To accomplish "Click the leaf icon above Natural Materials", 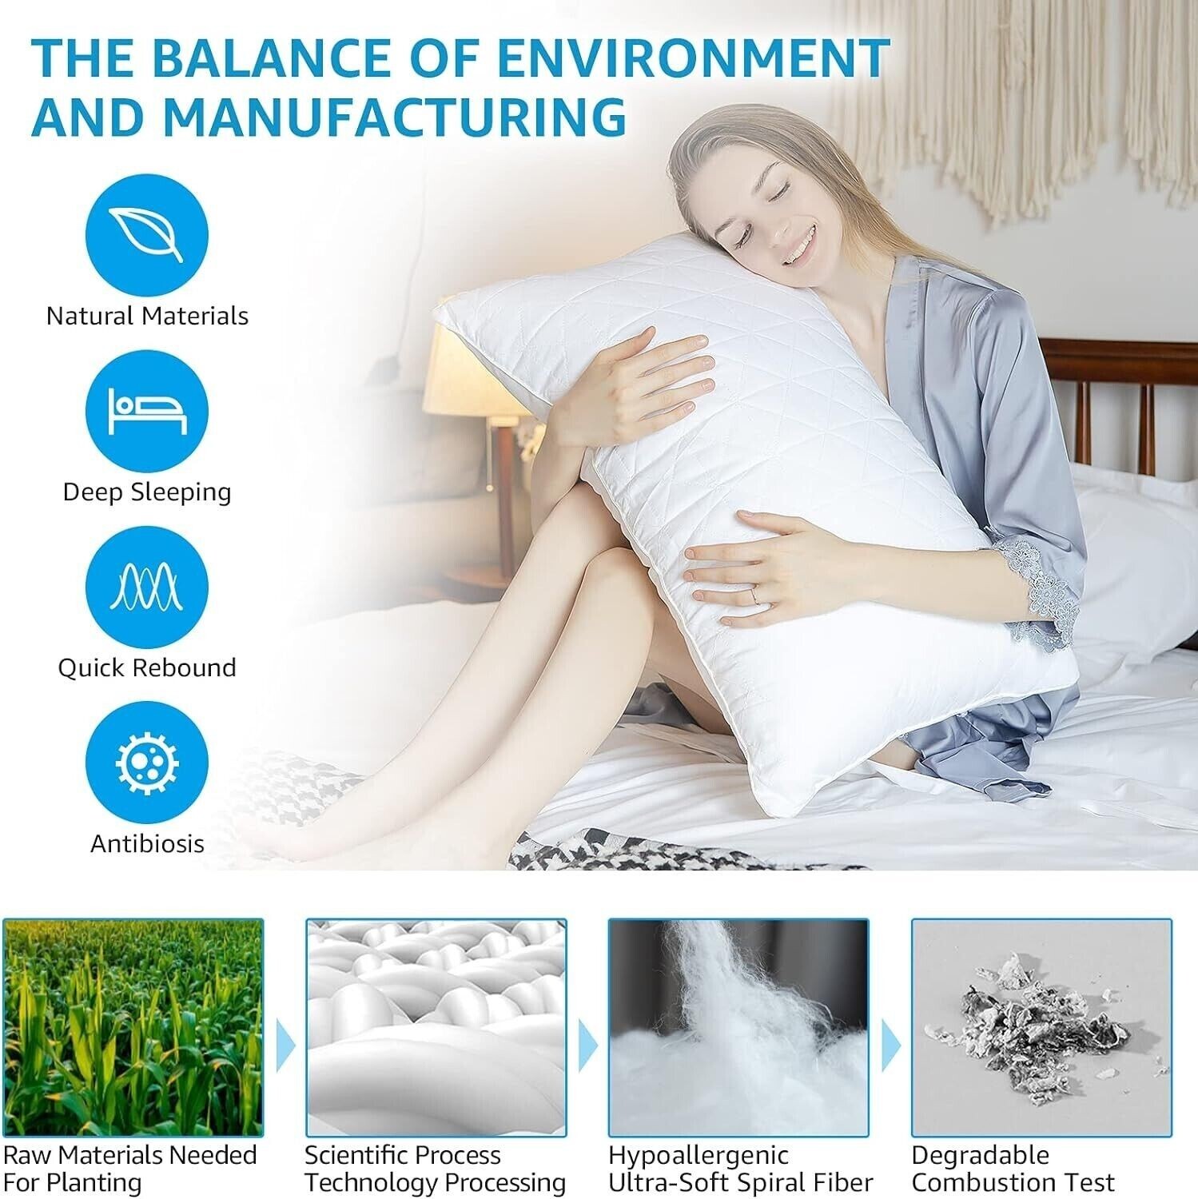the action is coord(147,235).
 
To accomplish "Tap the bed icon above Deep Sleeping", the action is coord(147,411).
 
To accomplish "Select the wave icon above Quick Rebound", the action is coord(147,587).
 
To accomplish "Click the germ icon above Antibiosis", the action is coord(147,763).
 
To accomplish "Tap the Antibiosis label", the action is coord(147,843).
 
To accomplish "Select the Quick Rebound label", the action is coord(147,667).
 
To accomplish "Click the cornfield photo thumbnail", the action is coord(133,1028).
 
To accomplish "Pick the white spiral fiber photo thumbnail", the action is coord(738,1028).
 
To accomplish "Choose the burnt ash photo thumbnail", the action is coord(1041,1028).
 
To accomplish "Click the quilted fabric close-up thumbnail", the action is coord(436,1028).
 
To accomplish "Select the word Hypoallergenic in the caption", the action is coord(698,1156).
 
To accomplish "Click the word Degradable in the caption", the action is coord(980,1156).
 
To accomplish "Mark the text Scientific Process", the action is coord(402,1155).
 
